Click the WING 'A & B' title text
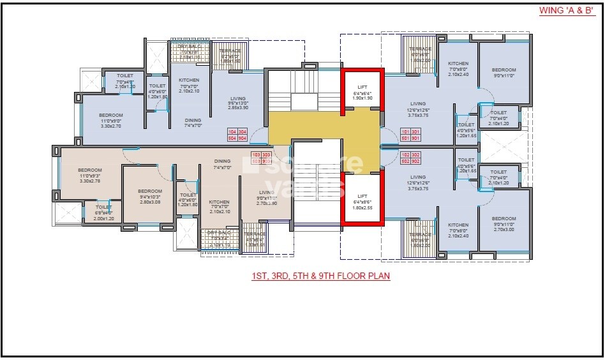point(567,11)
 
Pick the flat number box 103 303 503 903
point(262,158)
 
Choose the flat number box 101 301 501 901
point(409,134)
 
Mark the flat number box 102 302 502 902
point(409,158)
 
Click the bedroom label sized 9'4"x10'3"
point(150,196)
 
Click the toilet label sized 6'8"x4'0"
point(103,213)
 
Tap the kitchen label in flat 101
point(458,68)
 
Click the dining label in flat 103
point(222,164)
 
